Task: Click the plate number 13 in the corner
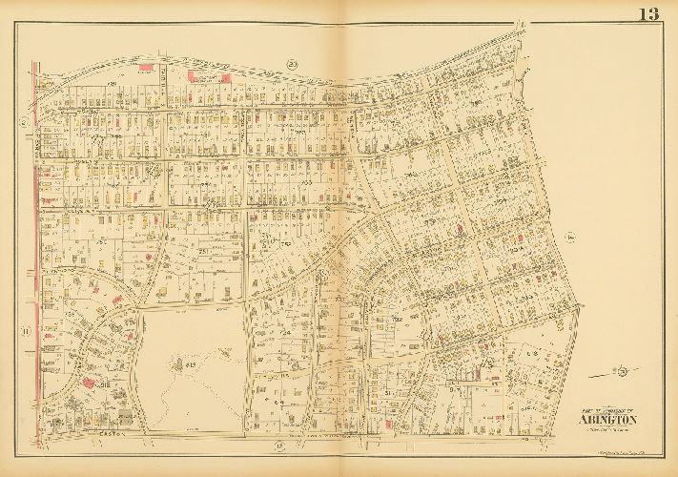coord(648,13)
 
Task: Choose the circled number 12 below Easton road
coord(279,446)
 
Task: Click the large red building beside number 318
coord(84,383)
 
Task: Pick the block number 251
coord(203,250)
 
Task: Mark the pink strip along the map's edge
coord(35,238)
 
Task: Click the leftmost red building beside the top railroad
coord(146,68)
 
